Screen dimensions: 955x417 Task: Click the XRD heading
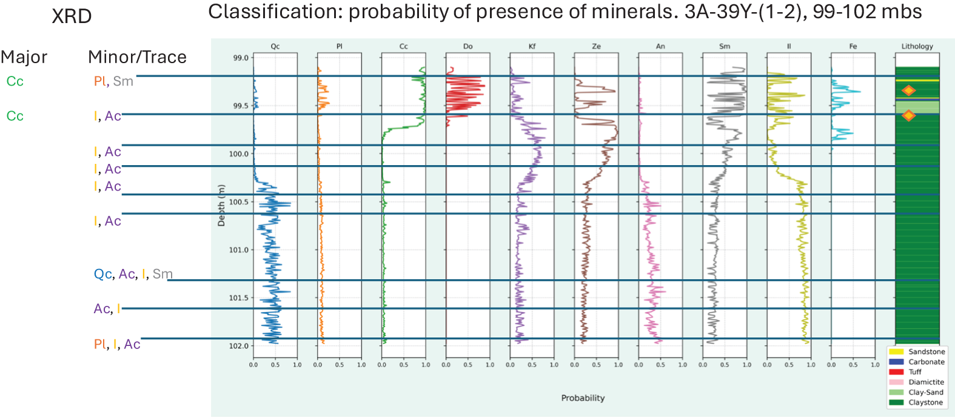[72, 16]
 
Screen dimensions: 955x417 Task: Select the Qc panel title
[275, 46]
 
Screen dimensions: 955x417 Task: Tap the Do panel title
[467, 46]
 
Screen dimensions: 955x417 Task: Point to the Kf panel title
[532, 46]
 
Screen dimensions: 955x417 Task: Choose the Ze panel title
[596, 46]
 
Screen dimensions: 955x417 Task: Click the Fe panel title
[853, 46]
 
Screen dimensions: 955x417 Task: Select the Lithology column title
[917, 46]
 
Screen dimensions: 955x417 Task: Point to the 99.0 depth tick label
[241, 58]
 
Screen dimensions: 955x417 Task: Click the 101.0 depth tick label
[239, 249]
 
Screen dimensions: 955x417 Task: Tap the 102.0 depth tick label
[239, 346]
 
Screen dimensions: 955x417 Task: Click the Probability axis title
[583, 398]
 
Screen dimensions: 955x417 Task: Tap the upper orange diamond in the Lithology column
[908, 90]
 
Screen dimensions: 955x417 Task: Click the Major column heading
[24, 57]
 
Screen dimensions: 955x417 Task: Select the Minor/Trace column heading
[137, 57]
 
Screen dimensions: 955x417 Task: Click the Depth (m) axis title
[221, 205]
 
